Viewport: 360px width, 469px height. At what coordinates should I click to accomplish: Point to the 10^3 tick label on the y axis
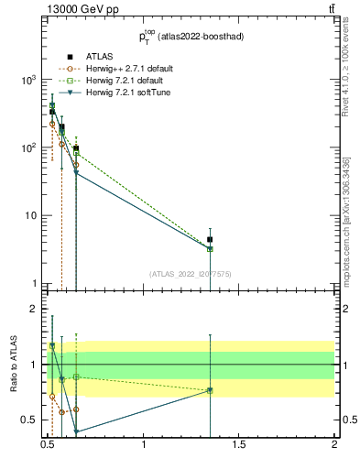pyautogui.click(x=29, y=81)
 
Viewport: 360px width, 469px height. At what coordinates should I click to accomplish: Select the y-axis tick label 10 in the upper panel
pyautogui.click(x=32, y=216)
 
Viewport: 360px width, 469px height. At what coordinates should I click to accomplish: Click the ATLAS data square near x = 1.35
pyautogui.click(x=211, y=240)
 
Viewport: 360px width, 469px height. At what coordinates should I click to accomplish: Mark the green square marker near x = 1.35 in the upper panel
pyautogui.click(x=211, y=249)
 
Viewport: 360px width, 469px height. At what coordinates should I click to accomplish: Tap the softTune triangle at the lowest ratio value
pyautogui.click(x=76, y=431)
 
